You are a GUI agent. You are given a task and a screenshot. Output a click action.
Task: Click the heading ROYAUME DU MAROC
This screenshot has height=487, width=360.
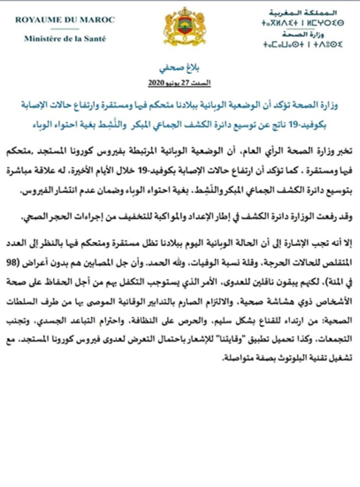(65, 20)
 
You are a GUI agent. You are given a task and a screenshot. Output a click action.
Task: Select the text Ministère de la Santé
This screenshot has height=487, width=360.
(65, 38)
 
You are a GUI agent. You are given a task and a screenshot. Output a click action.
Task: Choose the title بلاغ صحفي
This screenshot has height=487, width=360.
(180, 69)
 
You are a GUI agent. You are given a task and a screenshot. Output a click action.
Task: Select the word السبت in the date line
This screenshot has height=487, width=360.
(203, 83)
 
